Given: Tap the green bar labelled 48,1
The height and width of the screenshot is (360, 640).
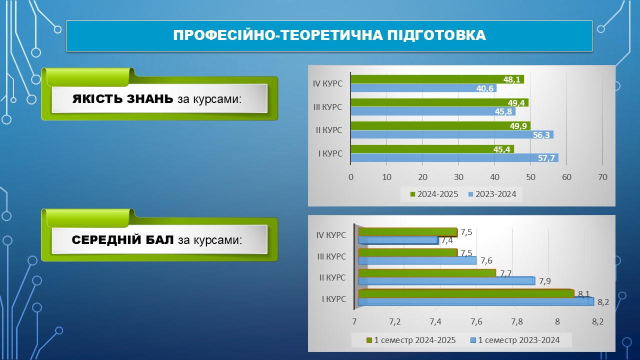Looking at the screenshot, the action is (x=437, y=79).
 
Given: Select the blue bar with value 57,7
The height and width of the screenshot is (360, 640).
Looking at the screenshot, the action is (x=454, y=157).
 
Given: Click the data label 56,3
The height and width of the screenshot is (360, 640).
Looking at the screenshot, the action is (x=541, y=135).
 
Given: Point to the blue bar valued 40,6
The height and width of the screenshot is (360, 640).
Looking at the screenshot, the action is (x=423, y=88).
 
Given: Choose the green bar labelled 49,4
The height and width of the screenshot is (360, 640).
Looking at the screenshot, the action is (x=439, y=102).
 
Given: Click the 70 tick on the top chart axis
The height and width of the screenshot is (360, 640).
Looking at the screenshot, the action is (x=602, y=177).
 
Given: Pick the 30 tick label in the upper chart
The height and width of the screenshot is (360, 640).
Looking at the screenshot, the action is (x=458, y=177).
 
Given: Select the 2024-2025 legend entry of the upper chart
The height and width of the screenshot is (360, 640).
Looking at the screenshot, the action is (x=434, y=194).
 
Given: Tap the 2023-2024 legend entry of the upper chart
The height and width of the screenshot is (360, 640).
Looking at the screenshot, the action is (x=492, y=194).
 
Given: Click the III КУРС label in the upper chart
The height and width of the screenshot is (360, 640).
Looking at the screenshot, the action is (x=327, y=107).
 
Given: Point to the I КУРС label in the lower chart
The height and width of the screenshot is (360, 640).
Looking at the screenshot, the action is (x=333, y=299).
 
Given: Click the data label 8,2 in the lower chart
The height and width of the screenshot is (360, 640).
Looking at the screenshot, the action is (x=603, y=302).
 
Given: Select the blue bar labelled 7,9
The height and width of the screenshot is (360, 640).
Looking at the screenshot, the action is (x=446, y=281).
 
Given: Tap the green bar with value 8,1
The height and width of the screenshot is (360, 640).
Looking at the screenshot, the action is (x=466, y=293).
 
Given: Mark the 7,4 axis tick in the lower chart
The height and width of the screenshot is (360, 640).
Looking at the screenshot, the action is (x=435, y=322).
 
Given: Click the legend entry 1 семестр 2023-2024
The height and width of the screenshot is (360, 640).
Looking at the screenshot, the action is (x=515, y=340).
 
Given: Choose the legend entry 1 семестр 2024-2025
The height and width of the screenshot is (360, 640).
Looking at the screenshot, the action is (x=411, y=340).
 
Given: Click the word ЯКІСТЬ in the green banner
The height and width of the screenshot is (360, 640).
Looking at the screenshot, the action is (x=97, y=99).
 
